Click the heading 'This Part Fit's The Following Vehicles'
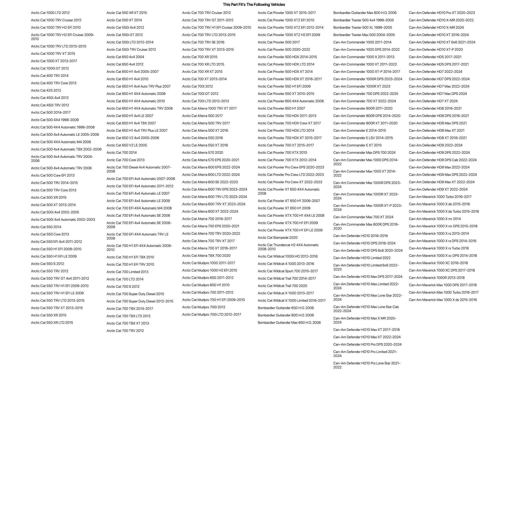254,5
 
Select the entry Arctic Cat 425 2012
46,90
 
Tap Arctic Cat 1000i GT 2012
50,68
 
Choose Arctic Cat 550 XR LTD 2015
52,323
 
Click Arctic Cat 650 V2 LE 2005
127,145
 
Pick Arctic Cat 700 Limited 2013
128,272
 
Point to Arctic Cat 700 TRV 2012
125,331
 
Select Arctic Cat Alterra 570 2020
202,153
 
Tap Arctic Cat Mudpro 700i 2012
204,307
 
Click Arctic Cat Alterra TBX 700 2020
206,256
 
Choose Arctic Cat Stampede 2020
277,238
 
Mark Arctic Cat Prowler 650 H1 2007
281,108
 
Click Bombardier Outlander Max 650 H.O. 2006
289,323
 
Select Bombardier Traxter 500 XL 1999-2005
363,27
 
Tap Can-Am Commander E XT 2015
357,145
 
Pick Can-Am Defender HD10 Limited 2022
362,258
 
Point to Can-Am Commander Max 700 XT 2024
363,217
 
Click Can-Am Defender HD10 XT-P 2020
436,49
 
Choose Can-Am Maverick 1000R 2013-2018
437,278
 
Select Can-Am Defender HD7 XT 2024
433,101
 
